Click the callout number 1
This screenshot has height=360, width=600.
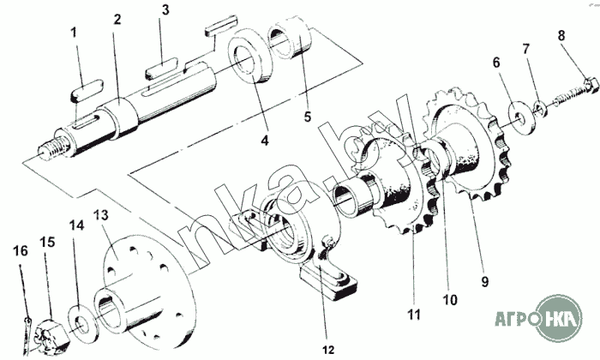(x=74, y=33)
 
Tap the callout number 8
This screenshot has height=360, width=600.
(x=561, y=36)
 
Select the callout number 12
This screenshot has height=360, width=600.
(x=328, y=350)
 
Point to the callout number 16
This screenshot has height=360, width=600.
(x=21, y=251)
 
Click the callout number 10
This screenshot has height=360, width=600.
(x=450, y=300)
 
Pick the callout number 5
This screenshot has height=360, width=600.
(x=308, y=117)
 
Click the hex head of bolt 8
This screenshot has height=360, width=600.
(x=591, y=85)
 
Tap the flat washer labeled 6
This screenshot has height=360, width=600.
(x=519, y=117)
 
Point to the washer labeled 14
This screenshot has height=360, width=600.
(x=81, y=321)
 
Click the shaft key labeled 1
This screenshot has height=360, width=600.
(x=87, y=90)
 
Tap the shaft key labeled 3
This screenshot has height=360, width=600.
(x=161, y=69)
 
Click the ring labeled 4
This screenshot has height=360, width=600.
(x=250, y=56)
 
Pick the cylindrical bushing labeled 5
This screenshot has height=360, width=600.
(x=291, y=39)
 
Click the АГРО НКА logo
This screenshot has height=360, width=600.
(x=539, y=318)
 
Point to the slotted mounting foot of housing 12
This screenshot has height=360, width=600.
(x=328, y=282)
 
